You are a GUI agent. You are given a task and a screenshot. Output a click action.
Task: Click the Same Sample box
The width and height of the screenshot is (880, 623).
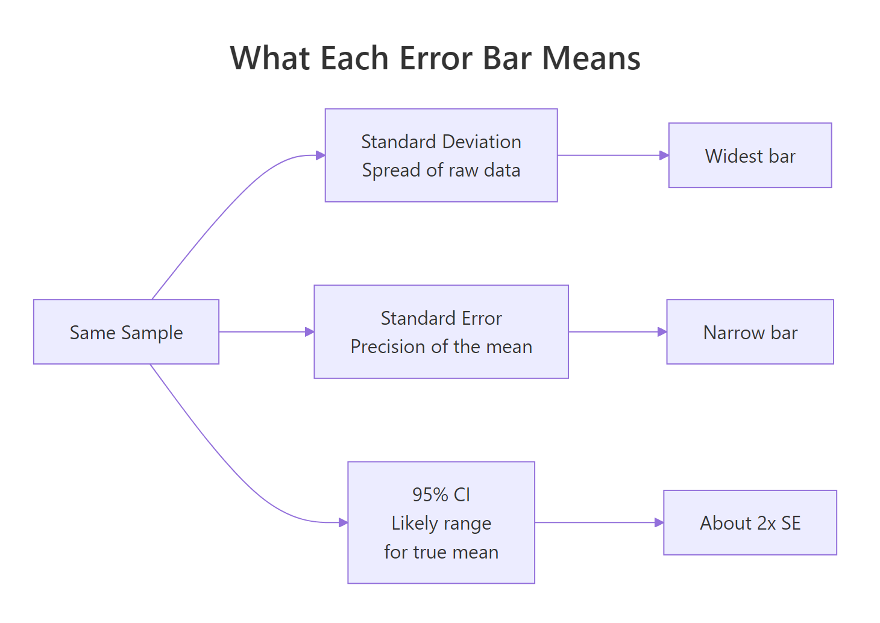point(126,332)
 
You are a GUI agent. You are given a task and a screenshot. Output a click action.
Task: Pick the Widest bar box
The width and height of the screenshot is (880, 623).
point(750,156)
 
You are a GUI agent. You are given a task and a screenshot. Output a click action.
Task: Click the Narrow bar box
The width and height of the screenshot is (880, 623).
point(750,332)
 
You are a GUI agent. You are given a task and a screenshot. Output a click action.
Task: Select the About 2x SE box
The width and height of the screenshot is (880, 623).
point(750,523)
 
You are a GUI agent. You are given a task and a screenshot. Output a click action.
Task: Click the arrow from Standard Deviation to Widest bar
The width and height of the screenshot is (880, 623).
point(612,155)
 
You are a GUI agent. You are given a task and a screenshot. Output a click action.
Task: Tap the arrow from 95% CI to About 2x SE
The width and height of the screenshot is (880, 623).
point(599,522)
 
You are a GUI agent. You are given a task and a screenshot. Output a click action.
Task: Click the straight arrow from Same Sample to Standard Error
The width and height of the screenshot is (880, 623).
point(266,332)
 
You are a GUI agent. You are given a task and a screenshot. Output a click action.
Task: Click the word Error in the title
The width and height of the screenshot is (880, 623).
point(436,58)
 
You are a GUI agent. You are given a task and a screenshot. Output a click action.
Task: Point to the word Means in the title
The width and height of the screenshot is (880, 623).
point(591,58)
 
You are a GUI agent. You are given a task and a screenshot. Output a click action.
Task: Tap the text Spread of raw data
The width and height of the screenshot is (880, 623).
point(441,171)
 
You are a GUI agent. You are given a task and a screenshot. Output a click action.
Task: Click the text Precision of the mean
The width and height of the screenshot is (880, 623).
point(441,347)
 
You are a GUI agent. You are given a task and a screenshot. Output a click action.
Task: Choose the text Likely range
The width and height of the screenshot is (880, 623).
point(441,523)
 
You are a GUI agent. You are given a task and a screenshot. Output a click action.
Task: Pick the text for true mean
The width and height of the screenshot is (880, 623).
point(441,552)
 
